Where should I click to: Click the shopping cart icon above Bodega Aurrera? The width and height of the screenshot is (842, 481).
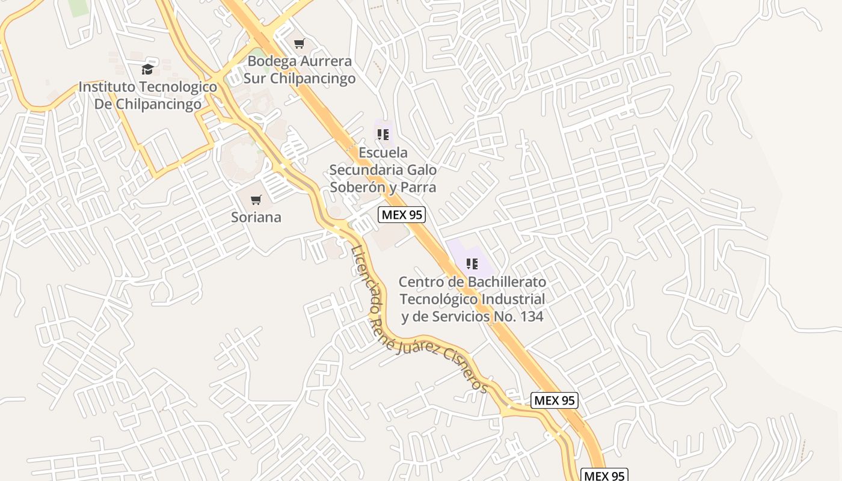[x=299, y=43]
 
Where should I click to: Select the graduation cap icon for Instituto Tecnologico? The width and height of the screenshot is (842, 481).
[x=147, y=69]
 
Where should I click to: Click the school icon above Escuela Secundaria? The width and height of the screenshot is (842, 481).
[x=383, y=135]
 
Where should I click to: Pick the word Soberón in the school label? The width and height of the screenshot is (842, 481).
[x=357, y=187]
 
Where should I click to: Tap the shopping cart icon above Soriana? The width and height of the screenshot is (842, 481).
[x=256, y=200]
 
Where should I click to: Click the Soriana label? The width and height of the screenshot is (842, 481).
[x=256, y=217]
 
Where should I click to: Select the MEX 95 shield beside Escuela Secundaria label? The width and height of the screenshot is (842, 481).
[x=402, y=215]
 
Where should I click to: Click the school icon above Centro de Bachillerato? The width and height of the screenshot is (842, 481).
[x=472, y=263]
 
